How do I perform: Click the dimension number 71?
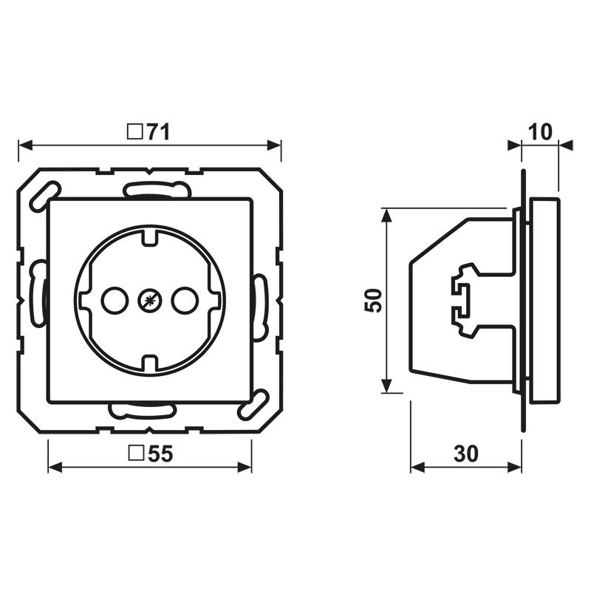point(158,132)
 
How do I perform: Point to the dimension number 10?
point(541,132)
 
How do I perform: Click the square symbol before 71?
point(135,132)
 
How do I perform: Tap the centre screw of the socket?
point(148,300)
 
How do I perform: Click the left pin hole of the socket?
point(114,300)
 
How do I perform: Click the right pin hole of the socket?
point(182,300)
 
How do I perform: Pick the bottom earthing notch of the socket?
point(148,363)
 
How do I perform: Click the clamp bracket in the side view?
point(462,300)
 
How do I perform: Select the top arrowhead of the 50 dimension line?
point(386,215)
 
